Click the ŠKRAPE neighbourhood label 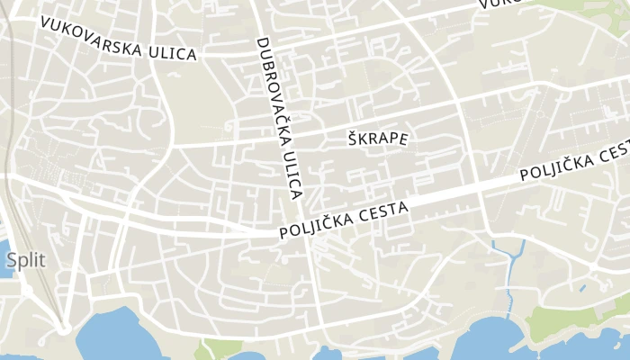(378, 139)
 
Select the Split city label (24, 260)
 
